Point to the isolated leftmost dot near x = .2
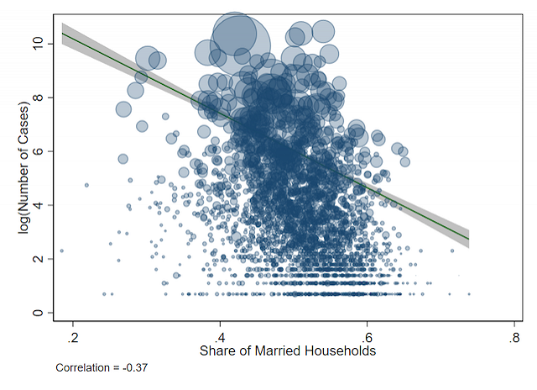tap(61, 250)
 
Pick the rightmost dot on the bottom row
tap(468, 294)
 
